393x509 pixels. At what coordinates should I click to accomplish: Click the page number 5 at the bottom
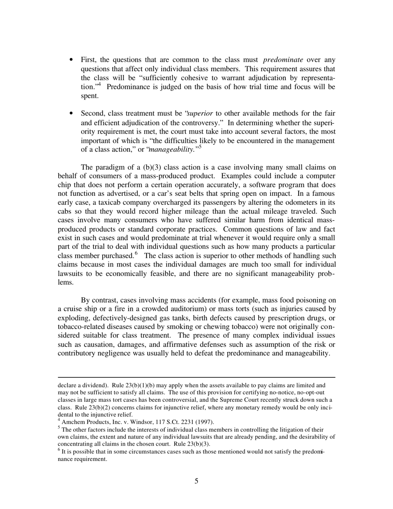pyautogui.click(x=196, y=481)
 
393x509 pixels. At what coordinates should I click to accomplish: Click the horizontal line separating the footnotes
pyautogui.click(x=196, y=377)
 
